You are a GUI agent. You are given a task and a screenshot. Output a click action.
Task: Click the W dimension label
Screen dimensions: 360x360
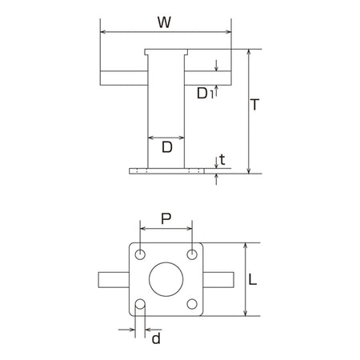pos(164,22)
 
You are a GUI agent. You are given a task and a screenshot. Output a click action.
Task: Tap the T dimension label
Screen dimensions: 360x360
pos(255,105)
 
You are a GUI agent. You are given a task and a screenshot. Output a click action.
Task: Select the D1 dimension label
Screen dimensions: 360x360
pos(205,94)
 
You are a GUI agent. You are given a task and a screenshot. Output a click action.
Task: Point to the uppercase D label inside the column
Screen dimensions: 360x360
pos(167,147)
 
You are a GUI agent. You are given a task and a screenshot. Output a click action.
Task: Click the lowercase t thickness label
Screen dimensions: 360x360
pos(222,160)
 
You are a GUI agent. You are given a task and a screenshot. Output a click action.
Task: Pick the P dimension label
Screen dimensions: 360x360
pos(166,219)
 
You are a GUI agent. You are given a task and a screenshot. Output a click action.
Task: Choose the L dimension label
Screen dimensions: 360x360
pos(252,280)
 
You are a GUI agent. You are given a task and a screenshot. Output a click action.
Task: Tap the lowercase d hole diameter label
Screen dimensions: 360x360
pos(156,338)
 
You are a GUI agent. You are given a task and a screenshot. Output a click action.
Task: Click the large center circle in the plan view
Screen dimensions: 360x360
pos(166,279)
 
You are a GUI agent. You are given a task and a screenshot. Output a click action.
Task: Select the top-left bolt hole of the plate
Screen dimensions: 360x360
pos(140,254)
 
